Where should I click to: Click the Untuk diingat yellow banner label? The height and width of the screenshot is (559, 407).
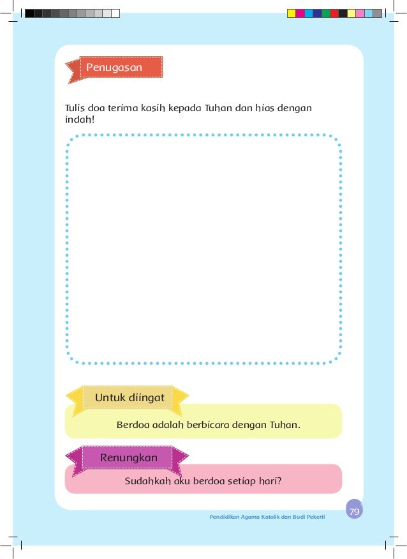[x=129, y=398]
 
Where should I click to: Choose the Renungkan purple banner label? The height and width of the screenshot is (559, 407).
[x=128, y=457]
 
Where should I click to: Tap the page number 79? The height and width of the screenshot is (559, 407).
[x=354, y=511]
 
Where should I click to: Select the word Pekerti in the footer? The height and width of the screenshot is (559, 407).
[x=314, y=516]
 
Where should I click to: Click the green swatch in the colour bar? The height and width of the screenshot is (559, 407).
[x=326, y=13]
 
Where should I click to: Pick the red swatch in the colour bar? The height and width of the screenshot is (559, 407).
[x=334, y=13]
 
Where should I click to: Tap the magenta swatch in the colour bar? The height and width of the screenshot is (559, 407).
[x=300, y=13]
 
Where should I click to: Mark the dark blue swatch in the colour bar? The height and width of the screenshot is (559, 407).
[x=317, y=13]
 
